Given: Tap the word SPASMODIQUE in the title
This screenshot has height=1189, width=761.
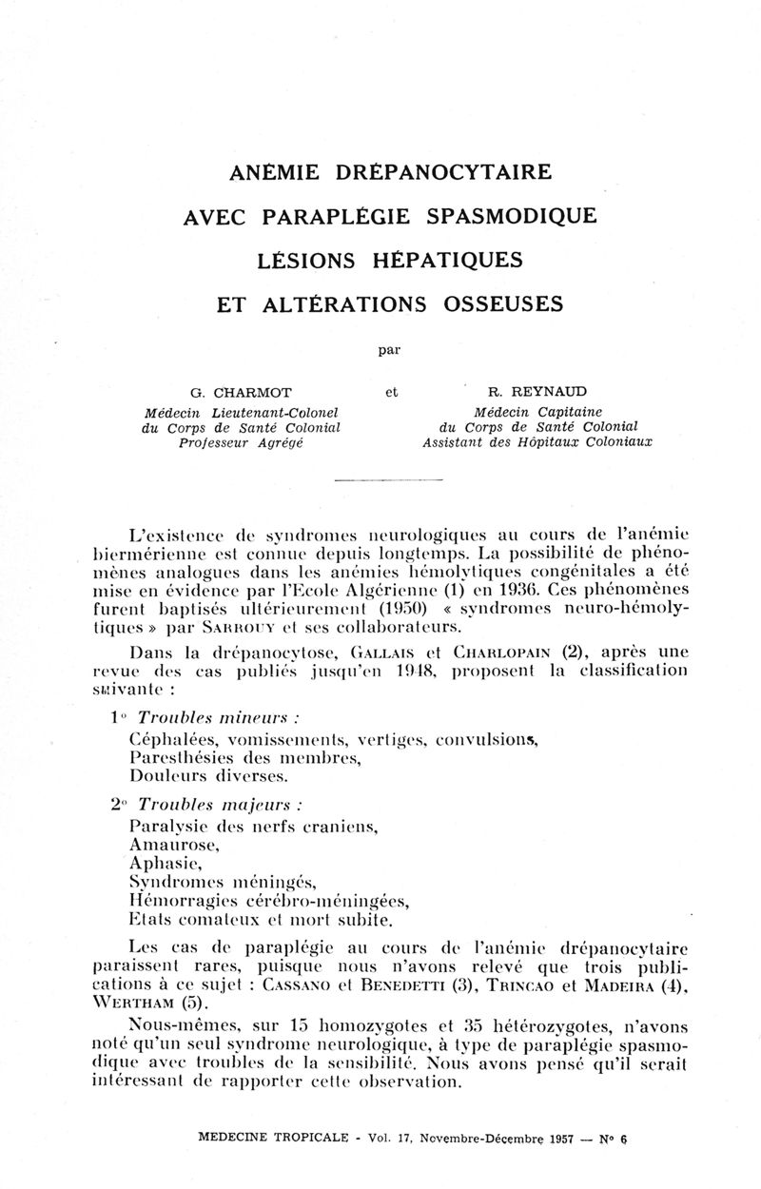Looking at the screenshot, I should click(512, 216).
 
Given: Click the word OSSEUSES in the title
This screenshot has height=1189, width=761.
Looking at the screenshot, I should click(503, 303).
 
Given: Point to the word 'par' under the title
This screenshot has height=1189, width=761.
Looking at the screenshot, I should click(389, 348).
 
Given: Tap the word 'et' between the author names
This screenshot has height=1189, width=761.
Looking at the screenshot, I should click(389, 390).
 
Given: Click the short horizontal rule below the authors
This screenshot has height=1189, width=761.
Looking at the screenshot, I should click(390, 481).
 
